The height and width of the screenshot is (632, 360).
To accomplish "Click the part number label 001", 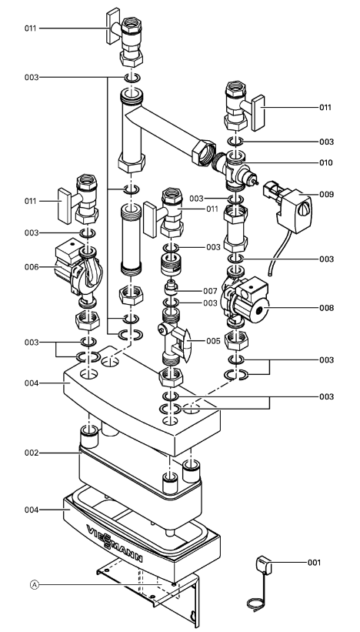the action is [x=314, y=562].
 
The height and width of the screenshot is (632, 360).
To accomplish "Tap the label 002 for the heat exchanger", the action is [x=31, y=453].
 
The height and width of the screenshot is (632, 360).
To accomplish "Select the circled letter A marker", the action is [x=35, y=584].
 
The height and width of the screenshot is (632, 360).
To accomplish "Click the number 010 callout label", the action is [x=326, y=163].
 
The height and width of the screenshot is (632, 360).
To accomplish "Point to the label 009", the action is [x=327, y=194].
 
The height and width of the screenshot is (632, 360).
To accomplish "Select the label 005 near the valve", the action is [x=213, y=341].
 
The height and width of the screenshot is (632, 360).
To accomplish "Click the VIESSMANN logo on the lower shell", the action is [x=115, y=543].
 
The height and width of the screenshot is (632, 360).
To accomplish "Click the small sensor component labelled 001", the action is [x=264, y=565].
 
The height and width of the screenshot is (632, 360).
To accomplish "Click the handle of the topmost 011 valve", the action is [x=113, y=26].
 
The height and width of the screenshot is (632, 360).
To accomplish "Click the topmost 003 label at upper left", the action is [x=32, y=77].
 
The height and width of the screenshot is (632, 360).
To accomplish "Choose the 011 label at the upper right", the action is [x=325, y=107].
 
